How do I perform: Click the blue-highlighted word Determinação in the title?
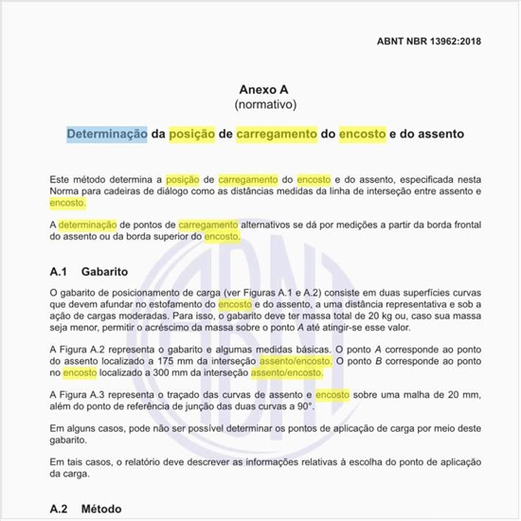tap(107, 135)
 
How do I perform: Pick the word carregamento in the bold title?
tap(277, 135)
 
